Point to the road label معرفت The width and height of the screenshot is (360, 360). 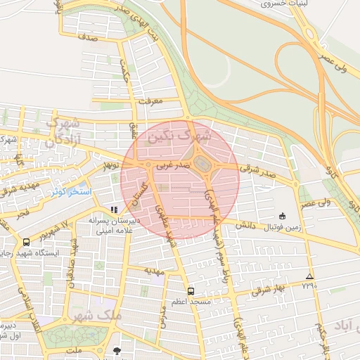point(151,101)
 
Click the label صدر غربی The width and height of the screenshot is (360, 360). point(172,166)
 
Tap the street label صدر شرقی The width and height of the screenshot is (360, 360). point(254,168)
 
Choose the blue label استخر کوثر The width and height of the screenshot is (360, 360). point(67,191)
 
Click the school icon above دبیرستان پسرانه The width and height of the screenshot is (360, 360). point(114,209)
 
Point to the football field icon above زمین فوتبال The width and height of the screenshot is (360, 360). point(283,216)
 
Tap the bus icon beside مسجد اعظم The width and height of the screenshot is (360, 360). point(191,290)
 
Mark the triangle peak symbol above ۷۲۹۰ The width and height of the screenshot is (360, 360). point(309,276)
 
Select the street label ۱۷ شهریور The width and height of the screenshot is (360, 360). point(54,230)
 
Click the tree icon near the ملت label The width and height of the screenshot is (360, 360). point(117,350)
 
